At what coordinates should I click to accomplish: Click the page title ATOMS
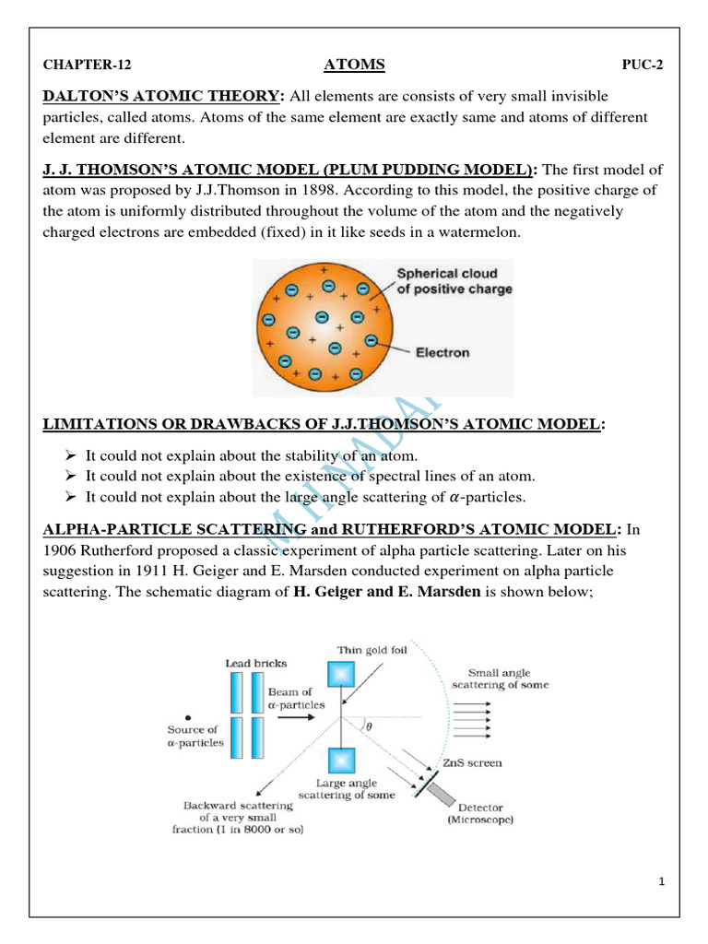[354, 65]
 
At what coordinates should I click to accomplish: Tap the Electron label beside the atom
[442, 352]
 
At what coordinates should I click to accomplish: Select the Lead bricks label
[255, 663]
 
